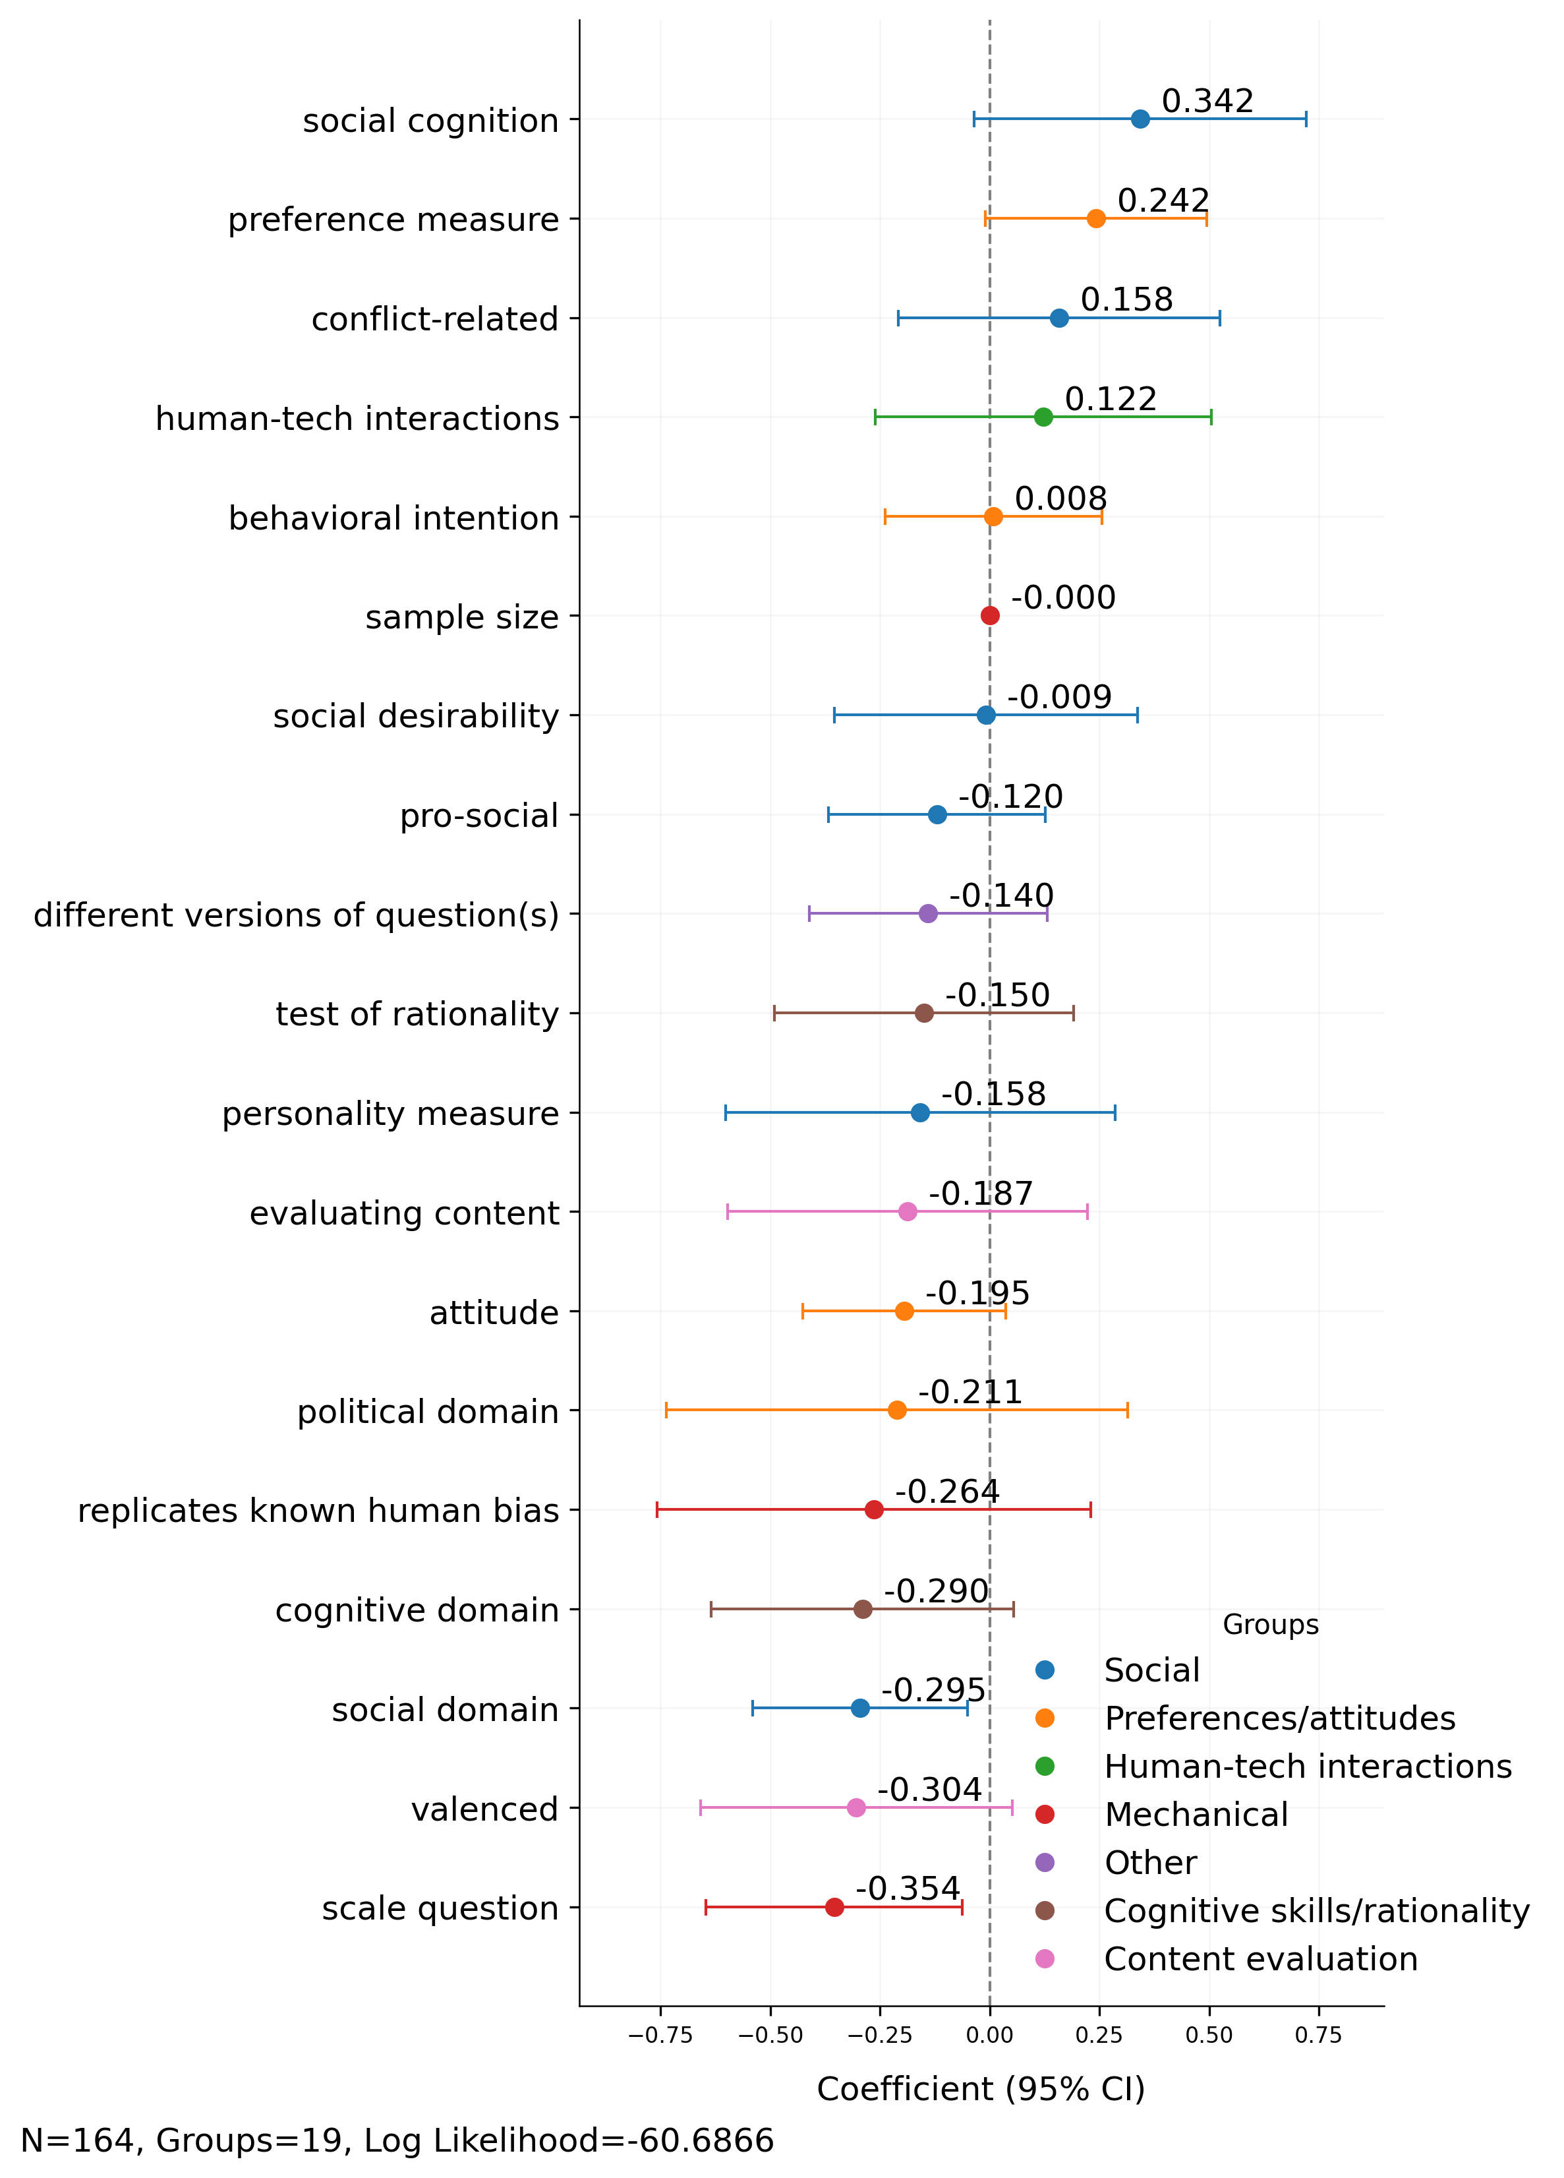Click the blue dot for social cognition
tap(1140, 119)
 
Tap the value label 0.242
tap(1163, 200)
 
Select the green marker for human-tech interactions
tap(1043, 417)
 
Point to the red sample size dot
tap(990, 616)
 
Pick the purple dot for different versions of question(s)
tap(927, 913)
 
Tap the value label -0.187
tap(980, 1194)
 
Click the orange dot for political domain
tap(897, 1410)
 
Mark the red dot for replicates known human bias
tap(874, 1509)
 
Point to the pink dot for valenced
tap(856, 1807)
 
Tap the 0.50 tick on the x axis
tap(1209, 2035)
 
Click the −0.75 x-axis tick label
tap(660, 2035)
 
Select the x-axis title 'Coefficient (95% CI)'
tap(980, 2089)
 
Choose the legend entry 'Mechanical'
tap(1196, 1814)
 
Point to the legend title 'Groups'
tap(1269, 1624)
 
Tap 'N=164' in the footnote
tap(80, 2140)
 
